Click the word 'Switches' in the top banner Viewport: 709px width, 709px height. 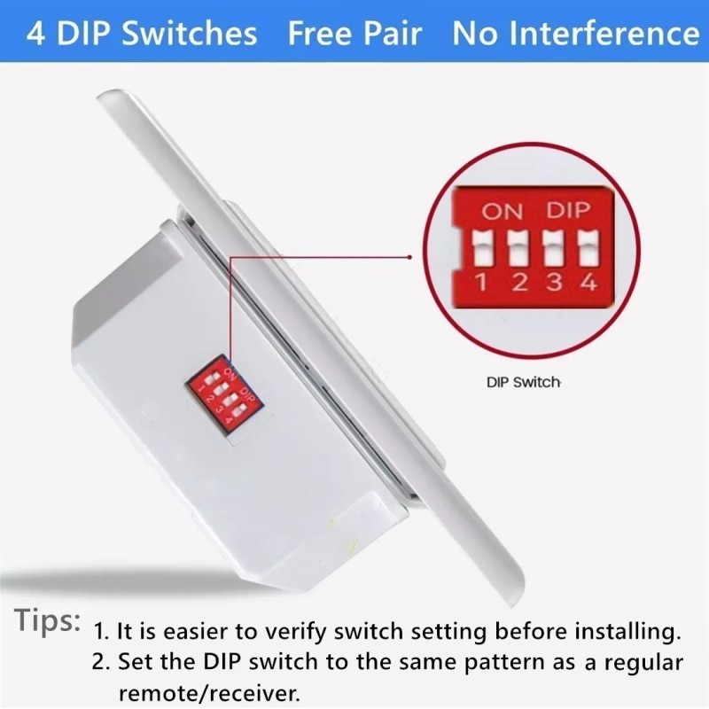pos(190,34)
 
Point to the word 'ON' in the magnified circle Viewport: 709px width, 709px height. pos(503,212)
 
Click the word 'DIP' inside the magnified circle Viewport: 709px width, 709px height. pos(568,212)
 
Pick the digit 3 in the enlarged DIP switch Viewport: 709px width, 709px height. pos(553,284)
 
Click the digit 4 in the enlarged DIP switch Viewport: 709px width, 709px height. pos(587,284)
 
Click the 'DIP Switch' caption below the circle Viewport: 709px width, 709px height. pos(524,383)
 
